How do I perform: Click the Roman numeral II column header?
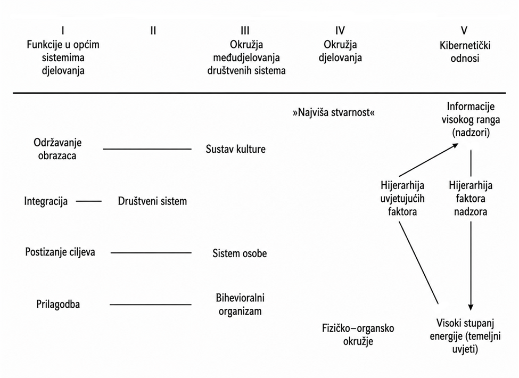pyautogui.click(x=153, y=31)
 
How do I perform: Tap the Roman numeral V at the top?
pyautogui.click(x=464, y=31)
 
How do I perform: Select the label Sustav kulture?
pyautogui.click(x=236, y=149)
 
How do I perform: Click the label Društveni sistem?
pyautogui.click(x=152, y=201)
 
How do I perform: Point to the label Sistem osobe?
pyautogui.click(x=240, y=253)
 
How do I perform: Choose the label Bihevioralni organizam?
pyautogui.click(x=240, y=305)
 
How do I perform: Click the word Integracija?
pyautogui.click(x=46, y=201)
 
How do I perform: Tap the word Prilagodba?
pyautogui.click(x=58, y=304)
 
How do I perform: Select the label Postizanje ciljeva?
pyautogui.click(x=60, y=252)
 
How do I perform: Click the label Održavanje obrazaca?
pyautogui.click(x=57, y=149)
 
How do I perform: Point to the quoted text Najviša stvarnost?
pyautogui.click(x=334, y=112)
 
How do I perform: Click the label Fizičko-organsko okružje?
pyautogui.click(x=358, y=335)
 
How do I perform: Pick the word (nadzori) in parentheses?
pyautogui.click(x=471, y=133)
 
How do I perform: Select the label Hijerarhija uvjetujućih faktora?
pyautogui.click(x=402, y=198)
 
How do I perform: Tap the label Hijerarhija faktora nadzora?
pyautogui.click(x=471, y=198)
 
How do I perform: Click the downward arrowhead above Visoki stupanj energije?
pyautogui.click(x=471, y=307)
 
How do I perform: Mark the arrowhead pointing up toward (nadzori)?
pyautogui.click(x=456, y=145)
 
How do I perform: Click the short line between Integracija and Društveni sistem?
pyautogui.click(x=89, y=201)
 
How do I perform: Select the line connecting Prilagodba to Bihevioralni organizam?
pyautogui.click(x=151, y=305)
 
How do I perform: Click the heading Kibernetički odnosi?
pyautogui.click(x=465, y=52)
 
